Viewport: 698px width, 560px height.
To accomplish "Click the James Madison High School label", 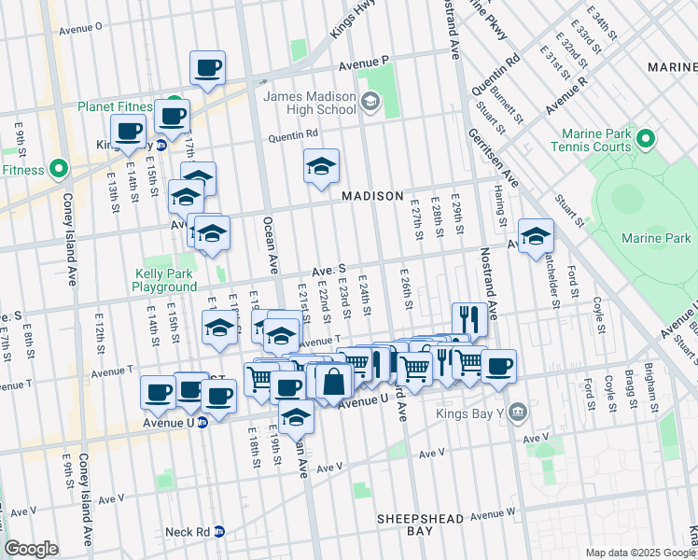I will [x=310, y=103].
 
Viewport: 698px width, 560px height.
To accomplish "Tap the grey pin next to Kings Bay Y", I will [x=518, y=411].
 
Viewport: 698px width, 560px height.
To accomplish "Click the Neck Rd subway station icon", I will [x=219, y=531].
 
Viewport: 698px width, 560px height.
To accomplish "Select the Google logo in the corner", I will [x=31, y=549].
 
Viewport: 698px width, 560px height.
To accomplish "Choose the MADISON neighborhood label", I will [x=371, y=197].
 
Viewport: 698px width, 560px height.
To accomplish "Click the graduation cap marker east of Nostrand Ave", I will [x=536, y=235].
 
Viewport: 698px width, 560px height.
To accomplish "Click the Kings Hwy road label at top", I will [x=344, y=19].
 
